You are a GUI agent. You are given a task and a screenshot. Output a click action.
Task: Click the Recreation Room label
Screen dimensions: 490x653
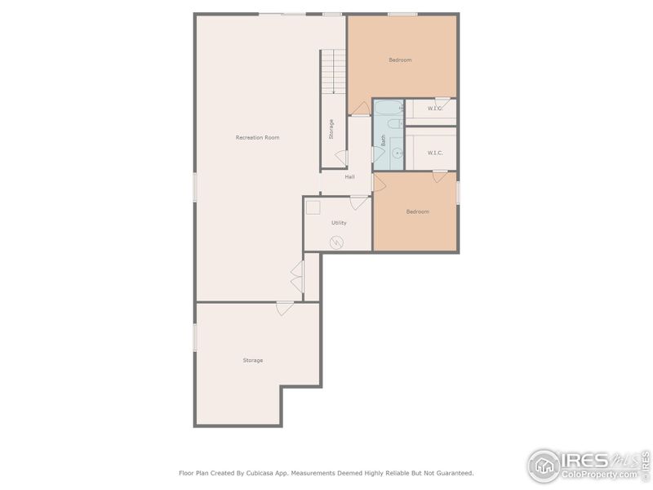coord(257,137)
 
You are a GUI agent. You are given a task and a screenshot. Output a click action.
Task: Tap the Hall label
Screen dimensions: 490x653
coord(349,176)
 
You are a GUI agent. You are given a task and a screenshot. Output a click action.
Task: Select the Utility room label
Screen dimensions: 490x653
coord(339,222)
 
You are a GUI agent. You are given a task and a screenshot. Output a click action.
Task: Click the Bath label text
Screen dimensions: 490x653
coord(383,140)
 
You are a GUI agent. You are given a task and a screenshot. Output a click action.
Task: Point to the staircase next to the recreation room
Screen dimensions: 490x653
coord(333,72)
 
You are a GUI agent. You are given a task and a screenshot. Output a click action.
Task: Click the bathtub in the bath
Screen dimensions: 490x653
coord(388,107)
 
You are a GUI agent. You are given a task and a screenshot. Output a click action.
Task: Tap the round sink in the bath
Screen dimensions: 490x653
coord(398,153)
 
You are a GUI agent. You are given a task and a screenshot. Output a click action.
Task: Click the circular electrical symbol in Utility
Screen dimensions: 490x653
coord(336,242)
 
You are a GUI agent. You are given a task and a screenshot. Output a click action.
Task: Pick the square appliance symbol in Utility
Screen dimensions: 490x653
coord(313,207)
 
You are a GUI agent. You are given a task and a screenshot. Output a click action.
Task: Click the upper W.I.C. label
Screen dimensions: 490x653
coord(435,109)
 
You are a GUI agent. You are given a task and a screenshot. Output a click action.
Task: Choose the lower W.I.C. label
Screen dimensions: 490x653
coord(435,152)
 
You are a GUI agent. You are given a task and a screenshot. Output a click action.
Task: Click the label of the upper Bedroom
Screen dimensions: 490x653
coord(400,60)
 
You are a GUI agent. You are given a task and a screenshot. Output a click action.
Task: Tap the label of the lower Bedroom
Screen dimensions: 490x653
coord(418,212)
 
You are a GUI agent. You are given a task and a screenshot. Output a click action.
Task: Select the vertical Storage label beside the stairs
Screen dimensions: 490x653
coord(331,129)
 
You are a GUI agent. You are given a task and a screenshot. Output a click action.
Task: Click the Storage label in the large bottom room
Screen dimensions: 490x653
coord(253,360)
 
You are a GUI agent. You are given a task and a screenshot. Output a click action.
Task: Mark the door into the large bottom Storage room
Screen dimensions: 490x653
coord(285,308)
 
